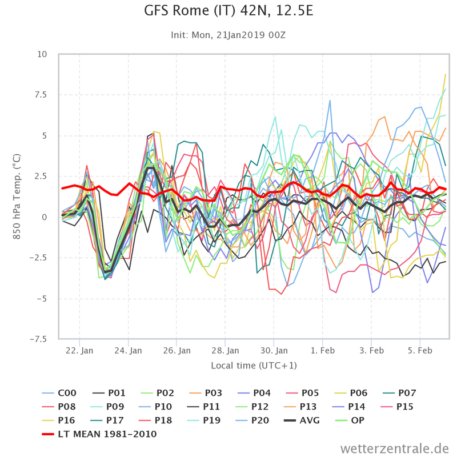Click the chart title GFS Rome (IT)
pyautogui.click(x=228, y=11)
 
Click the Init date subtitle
pyautogui.click(x=228, y=35)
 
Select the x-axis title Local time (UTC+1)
pyautogui.click(x=254, y=365)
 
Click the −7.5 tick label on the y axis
pyautogui.click(x=39, y=339)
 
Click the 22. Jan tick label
pyautogui.click(x=79, y=350)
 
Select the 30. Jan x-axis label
pyautogui.click(x=274, y=350)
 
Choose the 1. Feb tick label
pyautogui.click(x=323, y=350)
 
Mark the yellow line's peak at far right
pyautogui.click(x=445, y=74)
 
